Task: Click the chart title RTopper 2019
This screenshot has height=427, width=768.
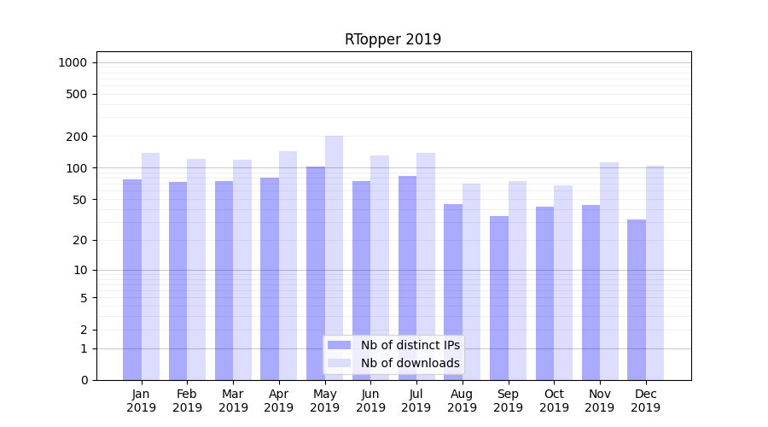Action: (393, 39)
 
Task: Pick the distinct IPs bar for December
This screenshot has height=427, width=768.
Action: (637, 299)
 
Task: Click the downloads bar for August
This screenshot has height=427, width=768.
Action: (472, 282)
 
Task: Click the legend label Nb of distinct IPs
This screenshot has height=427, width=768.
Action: (410, 345)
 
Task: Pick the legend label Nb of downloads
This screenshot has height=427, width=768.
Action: (410, 363)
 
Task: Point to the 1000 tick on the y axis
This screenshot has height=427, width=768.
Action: (73, 62)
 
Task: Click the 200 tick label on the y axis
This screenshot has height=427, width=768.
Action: (77, 137)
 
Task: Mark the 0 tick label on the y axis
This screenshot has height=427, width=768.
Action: (84, 380)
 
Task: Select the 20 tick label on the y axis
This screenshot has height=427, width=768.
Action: (80, 240)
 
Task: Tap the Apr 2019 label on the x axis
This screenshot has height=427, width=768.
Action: (279, 401)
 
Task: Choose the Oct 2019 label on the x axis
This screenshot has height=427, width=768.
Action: (554, 401)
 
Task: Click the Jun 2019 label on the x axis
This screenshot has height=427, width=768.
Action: (370, 401)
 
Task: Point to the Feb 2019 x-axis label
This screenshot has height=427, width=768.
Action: (187, 401)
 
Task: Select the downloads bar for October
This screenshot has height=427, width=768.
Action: (563, 283)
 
